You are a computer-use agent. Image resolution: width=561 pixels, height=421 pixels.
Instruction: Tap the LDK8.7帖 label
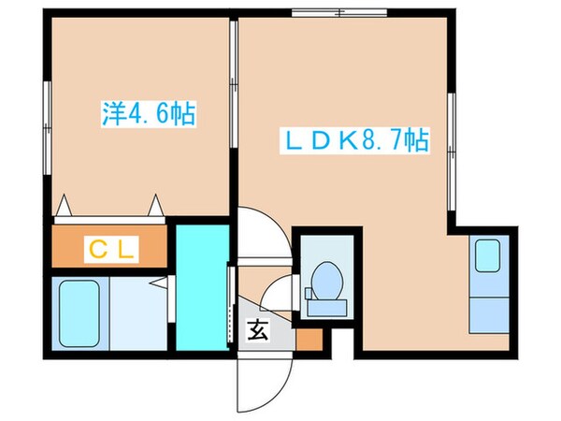pyautogui.click(x=355, y=141)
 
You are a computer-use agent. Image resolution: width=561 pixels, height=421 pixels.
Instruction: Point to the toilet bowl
pyautogui.click(x=326, y=280)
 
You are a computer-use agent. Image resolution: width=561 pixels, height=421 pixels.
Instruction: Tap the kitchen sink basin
pyautogui.click(x=487, y=255)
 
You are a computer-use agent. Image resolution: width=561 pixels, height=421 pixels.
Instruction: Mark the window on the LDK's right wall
pyautogui.click(x=451, y=140)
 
